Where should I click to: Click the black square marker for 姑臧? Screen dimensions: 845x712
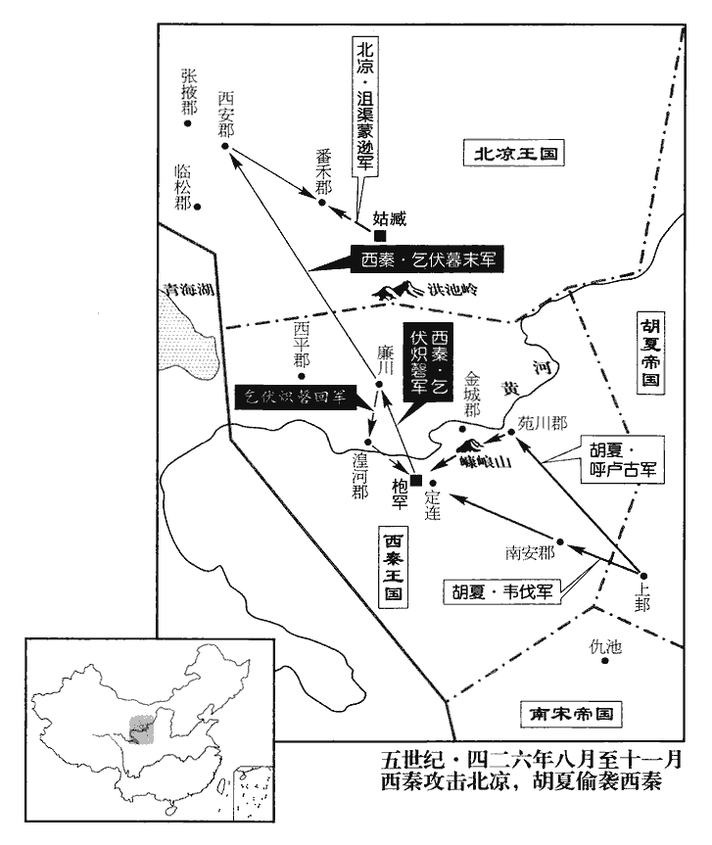(380, 235)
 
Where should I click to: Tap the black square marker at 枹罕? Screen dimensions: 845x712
(417, 480)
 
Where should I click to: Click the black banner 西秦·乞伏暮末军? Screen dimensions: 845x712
(424, 261)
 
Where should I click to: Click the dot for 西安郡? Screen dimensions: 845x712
(225, 147)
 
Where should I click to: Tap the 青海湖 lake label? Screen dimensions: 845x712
(186, 290)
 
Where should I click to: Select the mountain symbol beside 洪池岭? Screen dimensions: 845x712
(397, 290)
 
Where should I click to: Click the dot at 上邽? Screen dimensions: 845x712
(643, 575)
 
